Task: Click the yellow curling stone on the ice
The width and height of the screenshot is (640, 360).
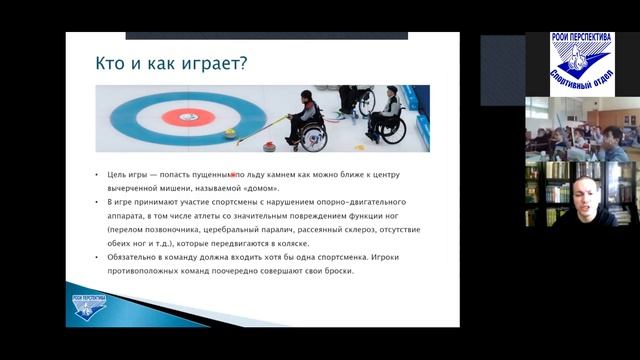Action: pos(231,130)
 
